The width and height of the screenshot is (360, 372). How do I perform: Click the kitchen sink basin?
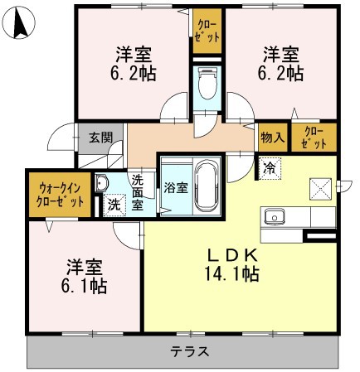click(x=275, y=217)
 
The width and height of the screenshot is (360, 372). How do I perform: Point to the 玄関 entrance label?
click(x=101, y=138)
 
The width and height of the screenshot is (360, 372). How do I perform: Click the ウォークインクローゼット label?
click(x=56, y=194)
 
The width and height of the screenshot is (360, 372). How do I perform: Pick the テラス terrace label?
click(x=189, y=351)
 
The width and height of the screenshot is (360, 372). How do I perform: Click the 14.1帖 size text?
click(x=234, y=273)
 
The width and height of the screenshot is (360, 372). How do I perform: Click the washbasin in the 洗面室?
click(x=102, y=184)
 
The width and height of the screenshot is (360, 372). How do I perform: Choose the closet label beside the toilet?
click(x=208, y=31)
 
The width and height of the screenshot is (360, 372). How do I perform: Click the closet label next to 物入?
click(x=314, y=137)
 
